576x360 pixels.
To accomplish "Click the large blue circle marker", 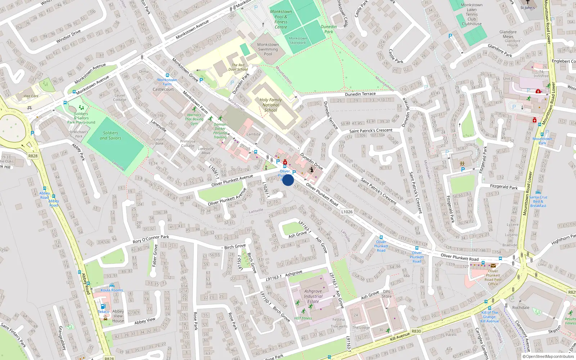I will pyautogui.click(x=288, y=180).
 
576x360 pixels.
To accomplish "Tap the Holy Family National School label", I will pyautogui.click(x=271, y=105).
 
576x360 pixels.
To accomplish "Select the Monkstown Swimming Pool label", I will pyautogui.click(x=268, y=49).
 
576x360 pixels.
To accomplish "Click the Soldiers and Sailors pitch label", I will pyautogui.click(x=111, y=135).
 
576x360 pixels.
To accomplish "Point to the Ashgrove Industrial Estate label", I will pyautogui.click(x=313, y=296).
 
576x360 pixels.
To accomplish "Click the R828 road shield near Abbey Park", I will pyautogui.click(x=33, y=156).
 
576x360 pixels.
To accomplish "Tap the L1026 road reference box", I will pyautogui.click(x=347, y=212).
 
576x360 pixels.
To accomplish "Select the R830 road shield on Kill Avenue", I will pyautogui.click(x=416, y=331).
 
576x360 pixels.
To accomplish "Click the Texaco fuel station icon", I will pyautogui.click(x=103, y=306).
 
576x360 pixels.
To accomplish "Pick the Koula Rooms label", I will pyautogui.click(x=112, y=290).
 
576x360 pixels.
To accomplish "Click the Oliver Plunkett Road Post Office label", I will pyautogui.click(x=493, y=278).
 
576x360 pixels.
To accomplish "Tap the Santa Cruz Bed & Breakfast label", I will pyautogui.click(x=538, y=201).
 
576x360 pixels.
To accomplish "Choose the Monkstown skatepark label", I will pyautogui.click(x=298, y=40).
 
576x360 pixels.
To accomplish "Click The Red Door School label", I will pyautogui.click(x=238, y=67).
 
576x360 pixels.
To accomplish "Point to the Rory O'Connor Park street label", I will pyautogui.click(x=151, y=239).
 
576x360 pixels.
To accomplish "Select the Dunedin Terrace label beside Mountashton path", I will pyautogui.click(x=360, y=94).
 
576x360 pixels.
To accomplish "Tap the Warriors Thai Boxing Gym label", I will pyautogui.click(x=194, y=119).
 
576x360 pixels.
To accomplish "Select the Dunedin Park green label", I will pyautogui.click(x=329, y=29).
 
